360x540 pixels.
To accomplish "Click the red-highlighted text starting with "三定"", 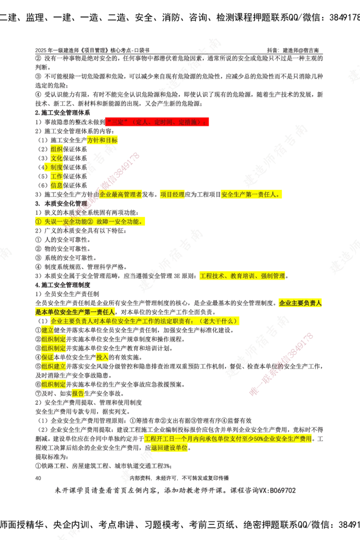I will click(157, 122).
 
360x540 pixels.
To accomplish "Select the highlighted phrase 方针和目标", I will click(102, 140).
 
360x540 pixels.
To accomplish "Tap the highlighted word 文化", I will click(57, 158).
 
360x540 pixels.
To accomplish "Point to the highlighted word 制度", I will click(57, 167).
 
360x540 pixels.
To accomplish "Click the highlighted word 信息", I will click(57, 185).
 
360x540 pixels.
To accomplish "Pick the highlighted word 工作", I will click(57, 176).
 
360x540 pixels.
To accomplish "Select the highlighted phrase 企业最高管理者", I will click(121, 195).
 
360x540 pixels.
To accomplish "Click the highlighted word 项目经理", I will click(172, 195).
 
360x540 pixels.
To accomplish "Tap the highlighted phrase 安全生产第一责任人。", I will click(252, 195).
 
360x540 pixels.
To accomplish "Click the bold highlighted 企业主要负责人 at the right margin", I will click(300, 303).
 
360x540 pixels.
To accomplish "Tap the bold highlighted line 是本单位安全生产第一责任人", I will click(75, 311).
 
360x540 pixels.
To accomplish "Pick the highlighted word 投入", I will click(102, 357).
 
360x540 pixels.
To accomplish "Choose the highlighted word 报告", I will click(78, 394).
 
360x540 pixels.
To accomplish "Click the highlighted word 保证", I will click(48, 357).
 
